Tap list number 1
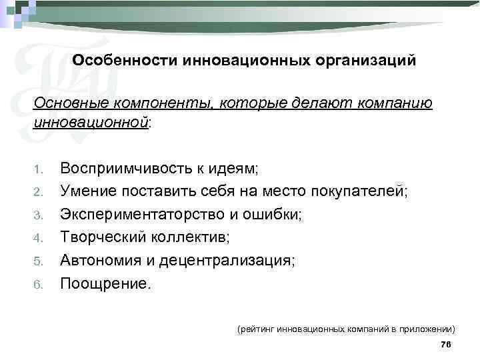coord(38,169)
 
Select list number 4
coord(38,238)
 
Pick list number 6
coord(38,285)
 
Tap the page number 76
coord(446,344)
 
